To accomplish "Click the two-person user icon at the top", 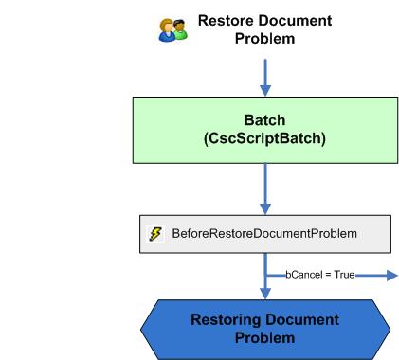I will pyautogui.click(x=172, y=29).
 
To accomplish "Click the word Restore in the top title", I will pyautogui.click(x=227, y=21).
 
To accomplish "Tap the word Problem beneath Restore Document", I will pyautogui.click(x=265, y=39).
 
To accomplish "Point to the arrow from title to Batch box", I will pyautogui.click(x=265, y=75).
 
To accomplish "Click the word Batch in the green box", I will pyautogui.click(x=265, y=121).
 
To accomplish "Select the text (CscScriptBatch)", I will pyautogui.click(x=265, y=139).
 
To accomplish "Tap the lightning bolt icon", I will pyautogui.click(x=155, y=233).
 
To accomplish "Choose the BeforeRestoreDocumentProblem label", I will pyautogui.click(x=264, y=233).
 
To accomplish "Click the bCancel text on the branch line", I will pyautogui.click(x=303, y=275).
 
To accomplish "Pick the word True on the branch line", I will pyautogui.click(x=343, y=275).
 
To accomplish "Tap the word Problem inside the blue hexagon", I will pyautogui.click(x=265, y=338).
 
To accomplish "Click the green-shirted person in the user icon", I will pyautogui.click(x=179, y=31).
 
